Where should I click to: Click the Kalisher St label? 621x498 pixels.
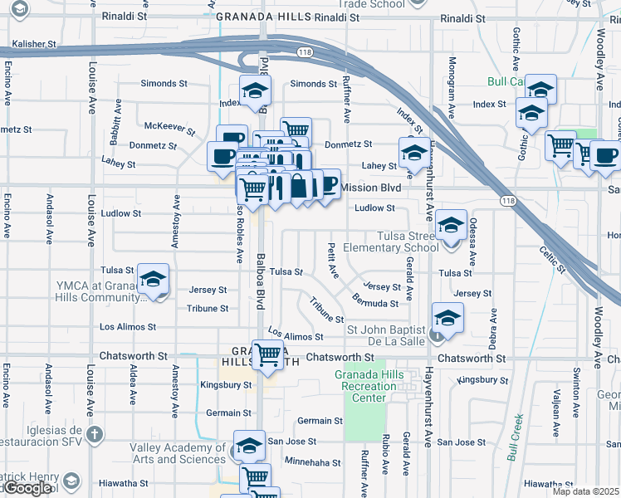34,43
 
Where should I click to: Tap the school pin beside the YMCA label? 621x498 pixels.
153,281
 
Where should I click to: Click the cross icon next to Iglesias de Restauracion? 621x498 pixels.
95,434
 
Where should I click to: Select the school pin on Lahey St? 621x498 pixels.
413,153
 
